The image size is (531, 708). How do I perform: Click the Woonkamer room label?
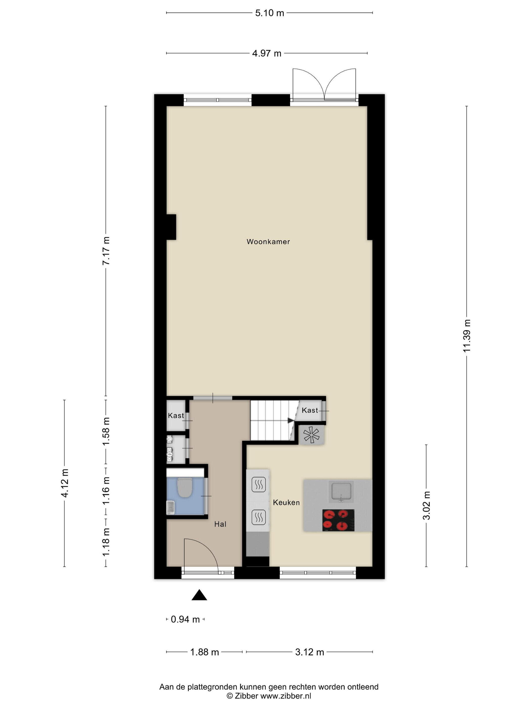(x=268, y=242)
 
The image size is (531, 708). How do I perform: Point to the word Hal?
(x=220, y=524)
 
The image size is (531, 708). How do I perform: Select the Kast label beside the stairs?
(x=310, y=410)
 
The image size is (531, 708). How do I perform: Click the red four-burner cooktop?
(x=338, y=520)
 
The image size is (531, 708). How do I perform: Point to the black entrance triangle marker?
(x=199, y=595)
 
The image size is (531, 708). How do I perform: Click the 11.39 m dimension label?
(x=467, y=336)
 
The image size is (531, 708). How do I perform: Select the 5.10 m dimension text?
(x=270, y=13)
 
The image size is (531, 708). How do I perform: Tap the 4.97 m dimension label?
(x=267, y=53)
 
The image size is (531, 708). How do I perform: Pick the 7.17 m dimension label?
(x=106, y=251)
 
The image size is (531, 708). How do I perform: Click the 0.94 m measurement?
(x=185, y=619)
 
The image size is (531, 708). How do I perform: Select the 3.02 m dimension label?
(x=426, y=505)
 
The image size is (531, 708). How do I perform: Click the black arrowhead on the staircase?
(x=291, y=421)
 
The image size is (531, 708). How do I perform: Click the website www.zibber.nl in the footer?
(x=285, y=696)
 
